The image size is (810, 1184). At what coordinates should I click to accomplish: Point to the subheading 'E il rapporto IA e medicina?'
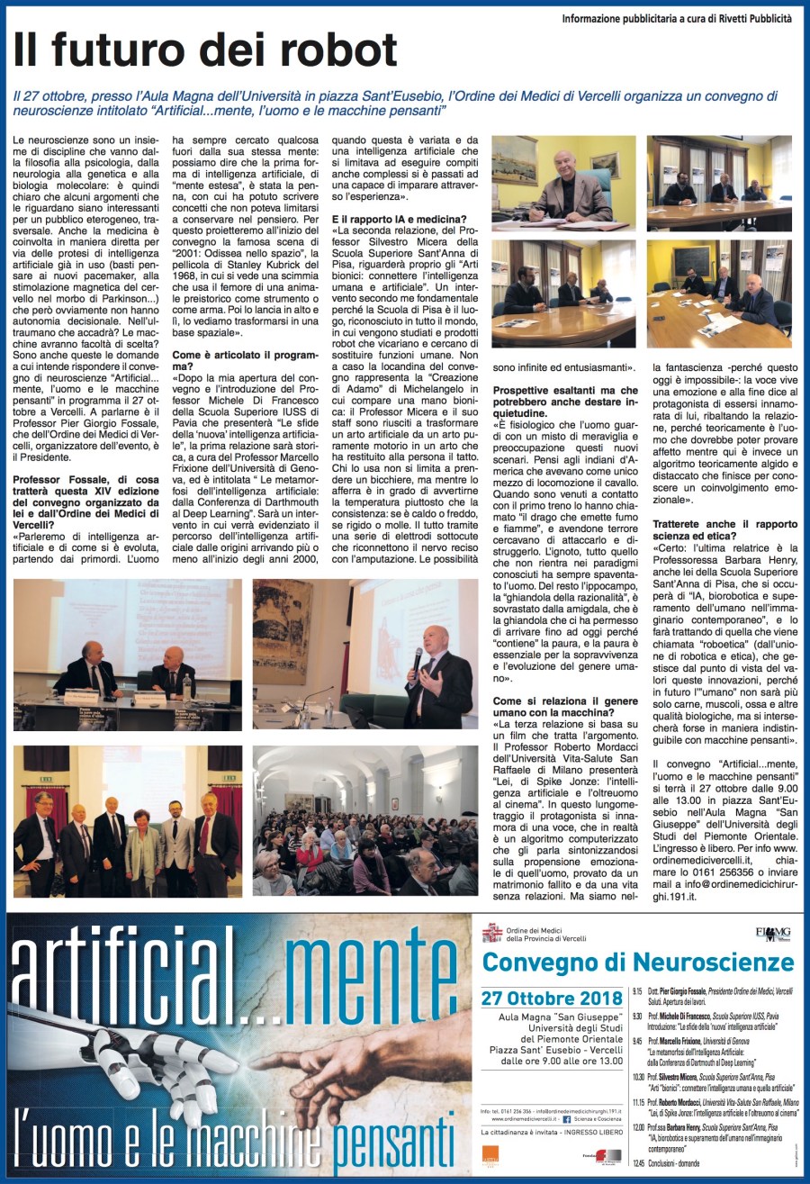tap(400, 219)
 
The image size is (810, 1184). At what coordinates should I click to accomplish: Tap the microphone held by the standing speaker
tap(416, 659)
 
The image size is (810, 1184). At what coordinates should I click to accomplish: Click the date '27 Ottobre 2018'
tap(552, 998)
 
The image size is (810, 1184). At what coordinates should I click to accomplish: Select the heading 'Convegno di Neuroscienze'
tap(638, 961)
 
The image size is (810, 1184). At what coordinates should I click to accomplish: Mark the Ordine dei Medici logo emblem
tap(490, 933)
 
